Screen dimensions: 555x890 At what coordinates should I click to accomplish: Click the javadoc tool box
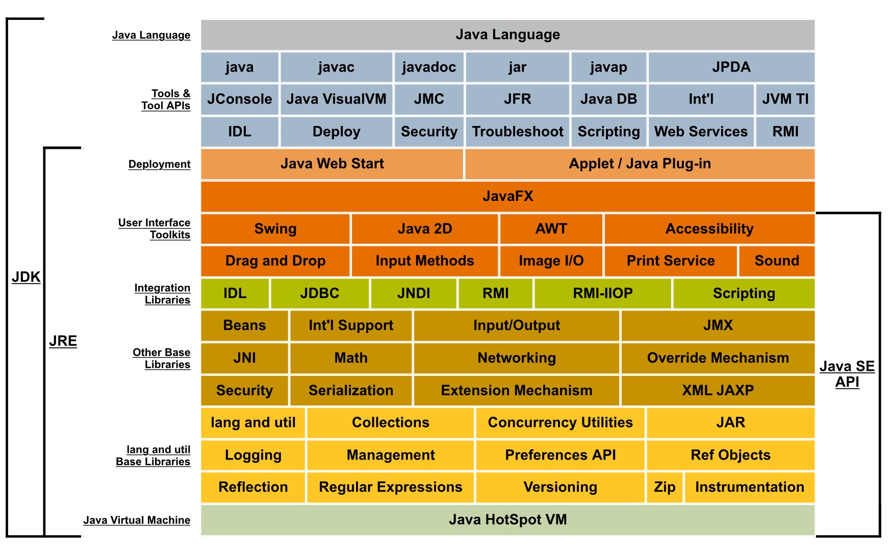tap(428, 67)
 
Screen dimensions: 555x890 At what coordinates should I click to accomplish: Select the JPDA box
tap(731, 67)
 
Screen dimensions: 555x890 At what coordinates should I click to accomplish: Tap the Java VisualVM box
tap(336, 99)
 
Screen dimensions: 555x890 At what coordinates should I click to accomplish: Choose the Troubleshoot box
tap(517, 132)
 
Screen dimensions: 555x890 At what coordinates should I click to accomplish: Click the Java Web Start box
tap(332, 164)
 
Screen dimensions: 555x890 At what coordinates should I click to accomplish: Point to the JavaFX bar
tap(507, 196)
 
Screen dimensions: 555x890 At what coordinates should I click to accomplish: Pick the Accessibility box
tap(709, 229)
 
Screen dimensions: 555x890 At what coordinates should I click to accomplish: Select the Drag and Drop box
tap(275, 261)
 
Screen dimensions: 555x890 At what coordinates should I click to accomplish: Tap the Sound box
tap(776, 261)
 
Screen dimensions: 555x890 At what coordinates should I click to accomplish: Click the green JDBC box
tap(319, 293)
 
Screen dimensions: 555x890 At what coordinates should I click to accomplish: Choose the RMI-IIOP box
tap(602, 293)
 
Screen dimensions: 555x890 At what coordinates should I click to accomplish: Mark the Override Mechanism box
tap(718, 358)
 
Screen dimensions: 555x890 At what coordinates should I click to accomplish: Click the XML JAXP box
tap(718, 390)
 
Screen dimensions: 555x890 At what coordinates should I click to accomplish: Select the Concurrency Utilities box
tap(560, 422)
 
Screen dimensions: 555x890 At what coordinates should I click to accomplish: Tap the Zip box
tap(664, 487)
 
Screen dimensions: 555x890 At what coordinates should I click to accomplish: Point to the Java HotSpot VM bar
tap(507, 520)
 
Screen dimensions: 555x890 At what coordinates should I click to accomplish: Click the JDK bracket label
tap(26, 277)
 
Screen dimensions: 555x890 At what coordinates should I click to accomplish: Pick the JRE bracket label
tap(63, 341)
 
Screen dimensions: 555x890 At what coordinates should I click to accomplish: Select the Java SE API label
tap(847, 374)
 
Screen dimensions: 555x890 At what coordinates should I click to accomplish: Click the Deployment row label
tap(159, 164)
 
